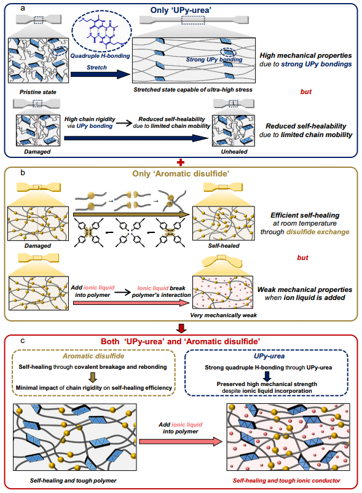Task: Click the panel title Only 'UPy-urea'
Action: (181, 10)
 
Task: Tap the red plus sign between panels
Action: (181, 162)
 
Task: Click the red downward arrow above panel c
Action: (181, 328)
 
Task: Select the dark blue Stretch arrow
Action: (100, 74)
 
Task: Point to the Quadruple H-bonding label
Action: (100, 56)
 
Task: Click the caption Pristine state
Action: (37, 92)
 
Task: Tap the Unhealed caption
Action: (234, 152)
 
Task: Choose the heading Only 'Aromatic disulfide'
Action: (181, 173)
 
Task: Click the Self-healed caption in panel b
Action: (224, 245)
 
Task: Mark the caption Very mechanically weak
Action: (224, 315)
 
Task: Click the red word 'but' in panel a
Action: (305, 92)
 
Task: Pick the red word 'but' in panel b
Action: (302, 258)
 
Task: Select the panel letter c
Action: (23, 341)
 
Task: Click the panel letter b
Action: (23, 173)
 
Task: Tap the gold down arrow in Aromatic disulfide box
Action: (93, 377)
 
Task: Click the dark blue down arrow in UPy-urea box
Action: (267, 376)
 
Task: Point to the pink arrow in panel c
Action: (181, 441)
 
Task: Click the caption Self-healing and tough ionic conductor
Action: (286, 481)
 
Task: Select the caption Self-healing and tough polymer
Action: (73, 481)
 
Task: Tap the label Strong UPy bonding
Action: (214, 60)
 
